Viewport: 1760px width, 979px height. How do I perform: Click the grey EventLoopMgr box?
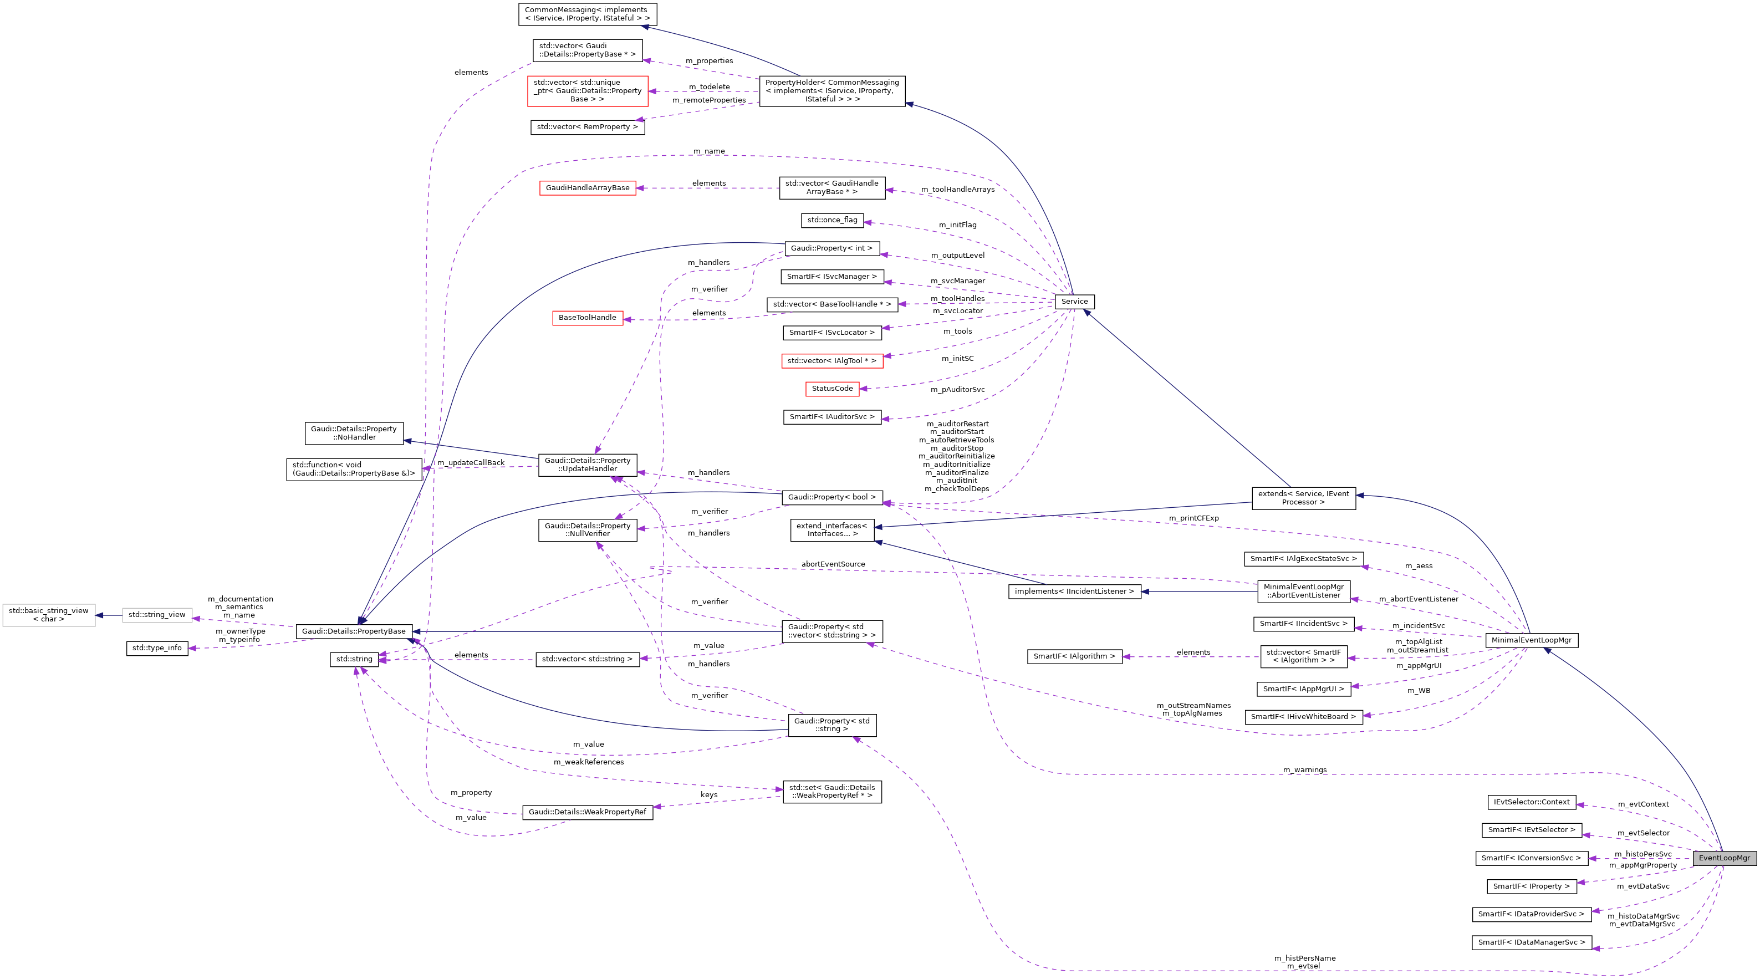[1724, 858]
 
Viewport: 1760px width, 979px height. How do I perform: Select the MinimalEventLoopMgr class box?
[1531, 640]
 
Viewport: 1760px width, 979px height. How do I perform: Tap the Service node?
[1074, 301]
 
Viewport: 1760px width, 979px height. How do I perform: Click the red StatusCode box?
[831, 388]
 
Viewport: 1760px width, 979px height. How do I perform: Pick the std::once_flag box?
[831, 220]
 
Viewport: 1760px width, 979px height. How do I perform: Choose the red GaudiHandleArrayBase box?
[587, 187]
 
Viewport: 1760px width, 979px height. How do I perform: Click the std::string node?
[354, 659]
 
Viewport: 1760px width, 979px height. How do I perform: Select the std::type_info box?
[156, 647]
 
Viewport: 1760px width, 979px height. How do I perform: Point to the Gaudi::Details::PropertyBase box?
[353, 631]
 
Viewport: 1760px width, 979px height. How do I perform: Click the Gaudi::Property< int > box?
[831, 248]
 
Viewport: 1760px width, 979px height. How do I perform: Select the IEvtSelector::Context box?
[1531, 802]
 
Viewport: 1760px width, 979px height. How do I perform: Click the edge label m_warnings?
[1304, 770]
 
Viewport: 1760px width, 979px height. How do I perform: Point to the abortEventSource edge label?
[833, 564]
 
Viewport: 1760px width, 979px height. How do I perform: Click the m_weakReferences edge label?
[588, 762]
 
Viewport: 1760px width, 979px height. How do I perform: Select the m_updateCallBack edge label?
[471, 462]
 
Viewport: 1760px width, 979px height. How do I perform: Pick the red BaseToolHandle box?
[587, 318]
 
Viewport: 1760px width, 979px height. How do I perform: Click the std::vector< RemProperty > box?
[587, 127]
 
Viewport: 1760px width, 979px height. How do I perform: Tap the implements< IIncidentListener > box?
[1074, 592]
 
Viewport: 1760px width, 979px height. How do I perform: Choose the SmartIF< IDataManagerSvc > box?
[1531, 942]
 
